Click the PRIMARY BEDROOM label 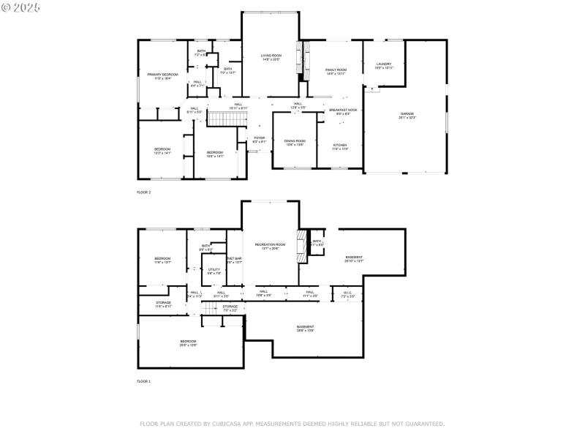(x=162, y=75)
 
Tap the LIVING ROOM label (x=271, y=56)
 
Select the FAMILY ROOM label (x=336, y=70)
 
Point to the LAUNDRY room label (x=384, y=64)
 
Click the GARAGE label (x=407, y=114)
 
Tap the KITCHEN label (x=341, y=144)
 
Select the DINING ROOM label (x=295, y=141)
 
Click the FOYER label (x=259, y=138)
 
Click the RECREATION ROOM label (x=271, y=244)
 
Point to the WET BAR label (x=234, y=259)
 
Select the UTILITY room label (x=214, y=270)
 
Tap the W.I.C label (x=348, y=293)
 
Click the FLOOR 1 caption (x=143, y=381)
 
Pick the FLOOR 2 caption (x=143, y=192)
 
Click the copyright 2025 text (x=21, y=7)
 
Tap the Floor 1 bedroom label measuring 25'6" (x=188, y=342)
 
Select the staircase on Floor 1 (x=211, y=310)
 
